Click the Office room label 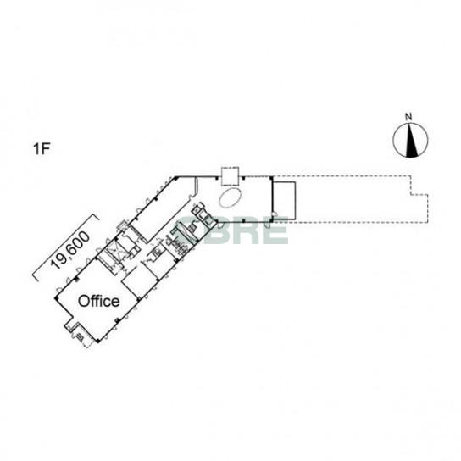(99, 301)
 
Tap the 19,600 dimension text (69, 251)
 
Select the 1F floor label (42, 149)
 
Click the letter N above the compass (408, 117)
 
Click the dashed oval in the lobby (230, 198)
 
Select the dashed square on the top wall (230, 176)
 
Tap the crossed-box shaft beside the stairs (113, 253)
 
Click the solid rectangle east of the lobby (284, 201)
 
